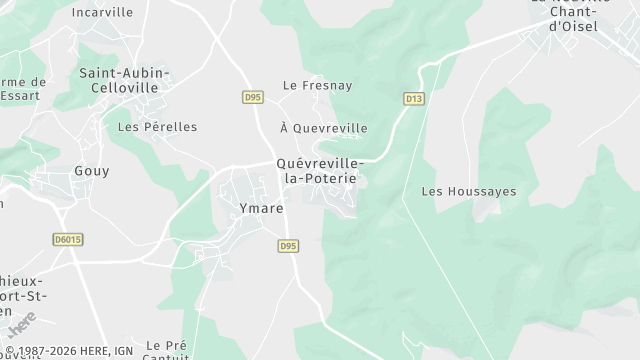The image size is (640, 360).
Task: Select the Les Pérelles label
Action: click(157, 127)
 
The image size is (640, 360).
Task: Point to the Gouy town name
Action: click(92, 171)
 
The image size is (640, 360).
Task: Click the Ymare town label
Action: click(262, 208)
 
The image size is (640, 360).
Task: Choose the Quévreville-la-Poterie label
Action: click(320, 170)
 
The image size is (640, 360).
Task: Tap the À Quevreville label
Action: click(324, 128)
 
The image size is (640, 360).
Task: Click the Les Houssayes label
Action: click(460, 190)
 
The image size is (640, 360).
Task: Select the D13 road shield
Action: click(414, 98)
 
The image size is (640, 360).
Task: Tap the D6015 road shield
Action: click(68, 240)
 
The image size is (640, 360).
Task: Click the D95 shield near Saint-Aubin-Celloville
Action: click(252, 97)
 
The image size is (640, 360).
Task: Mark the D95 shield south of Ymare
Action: click(288, 245)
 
